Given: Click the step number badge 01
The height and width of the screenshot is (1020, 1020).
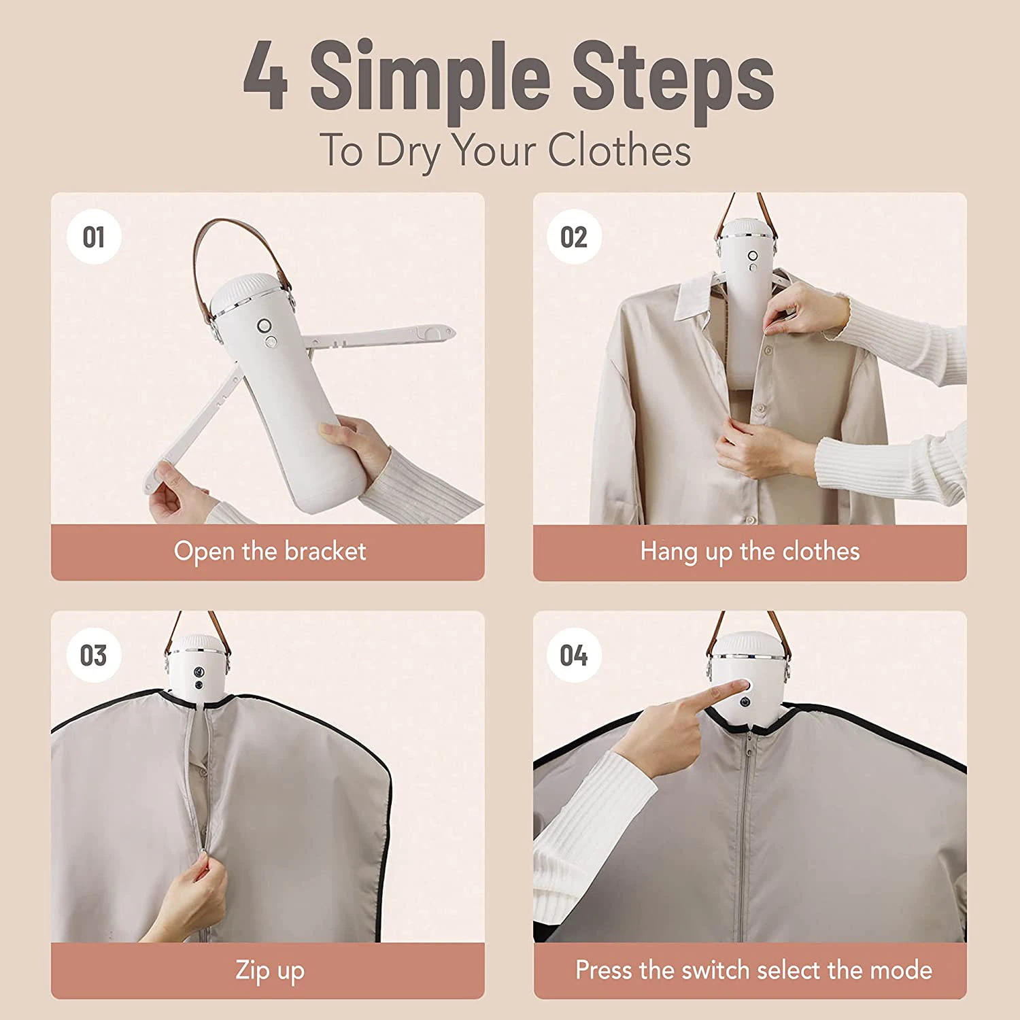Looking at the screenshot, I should (x=94, y=237).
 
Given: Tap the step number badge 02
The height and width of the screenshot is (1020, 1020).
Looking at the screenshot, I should (x=574, y=237).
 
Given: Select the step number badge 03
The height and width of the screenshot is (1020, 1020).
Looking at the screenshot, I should (x=94, y=656).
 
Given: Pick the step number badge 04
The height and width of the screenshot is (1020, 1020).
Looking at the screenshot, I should (x=574, y=656).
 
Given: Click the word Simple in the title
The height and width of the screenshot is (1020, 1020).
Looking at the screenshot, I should (x=430, y=76).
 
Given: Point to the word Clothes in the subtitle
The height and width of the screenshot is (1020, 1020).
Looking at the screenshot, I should (x=619, y=150).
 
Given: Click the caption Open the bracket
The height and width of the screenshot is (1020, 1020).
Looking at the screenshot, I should (x=269, y=551).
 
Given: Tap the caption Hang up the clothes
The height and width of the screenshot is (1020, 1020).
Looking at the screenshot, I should (x=749, y=551).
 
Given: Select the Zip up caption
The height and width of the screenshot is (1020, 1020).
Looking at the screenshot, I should (x=269, y=970).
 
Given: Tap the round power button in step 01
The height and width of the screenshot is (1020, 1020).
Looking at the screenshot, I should (x=264, y=326).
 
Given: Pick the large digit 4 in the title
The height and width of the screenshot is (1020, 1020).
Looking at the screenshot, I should (x=266, y=76).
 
